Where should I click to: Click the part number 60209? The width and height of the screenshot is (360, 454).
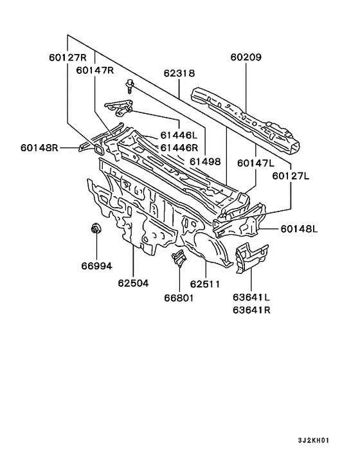point(246,57)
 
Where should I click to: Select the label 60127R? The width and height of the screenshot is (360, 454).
point(67,57)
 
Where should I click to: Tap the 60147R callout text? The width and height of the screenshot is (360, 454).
point(95,70)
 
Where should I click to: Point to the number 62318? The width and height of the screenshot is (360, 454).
point(179,73)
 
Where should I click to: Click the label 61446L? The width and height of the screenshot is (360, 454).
point(179,135)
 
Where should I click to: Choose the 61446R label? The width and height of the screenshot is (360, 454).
point(179,148)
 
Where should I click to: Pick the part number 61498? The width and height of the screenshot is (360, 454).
point(205,161)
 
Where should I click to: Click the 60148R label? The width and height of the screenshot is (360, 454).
point(39,148)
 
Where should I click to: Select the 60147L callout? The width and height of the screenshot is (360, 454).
point(255,163)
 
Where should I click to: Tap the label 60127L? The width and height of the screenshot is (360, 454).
point(291,176)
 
